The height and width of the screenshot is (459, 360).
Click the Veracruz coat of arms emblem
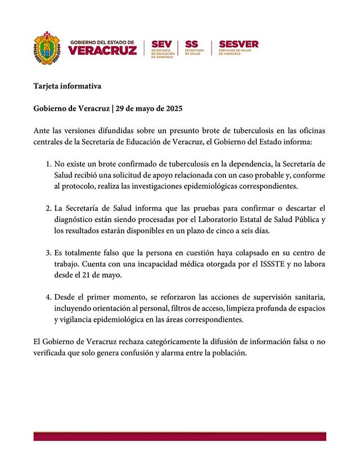click(47, 47)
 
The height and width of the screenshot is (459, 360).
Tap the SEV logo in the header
click(161, 44)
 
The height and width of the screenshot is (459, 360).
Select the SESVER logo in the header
click(238, 44)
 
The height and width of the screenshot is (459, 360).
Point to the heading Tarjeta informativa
click(67, 87)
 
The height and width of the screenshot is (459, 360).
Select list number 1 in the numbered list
click(48, 164)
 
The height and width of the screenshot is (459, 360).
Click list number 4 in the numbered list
click(48, 296)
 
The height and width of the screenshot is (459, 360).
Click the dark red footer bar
click(180, 436)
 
